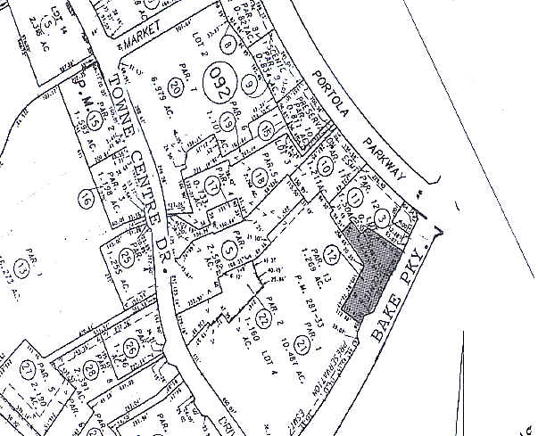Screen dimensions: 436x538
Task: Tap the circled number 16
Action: [86, 198]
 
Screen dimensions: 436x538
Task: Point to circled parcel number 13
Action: [19, 269]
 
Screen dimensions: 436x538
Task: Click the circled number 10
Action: [325, 164]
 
